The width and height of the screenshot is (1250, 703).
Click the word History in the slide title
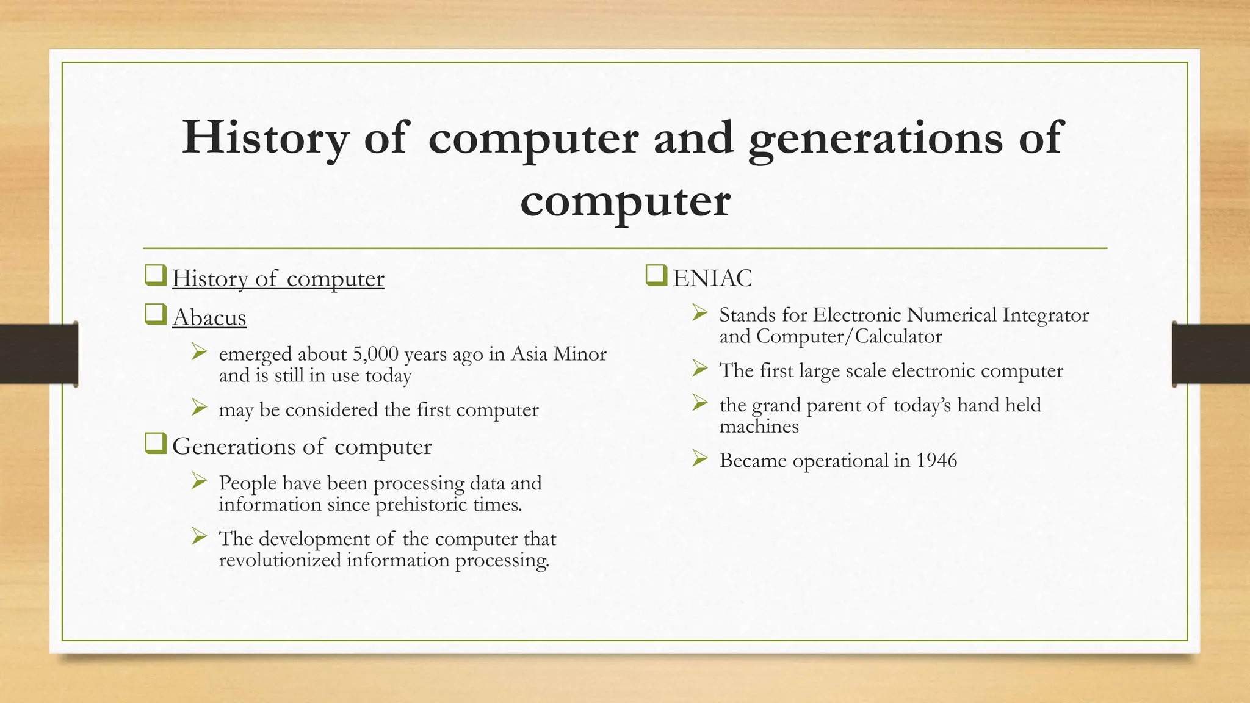point(265,138)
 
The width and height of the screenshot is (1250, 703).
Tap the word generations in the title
point(875,138)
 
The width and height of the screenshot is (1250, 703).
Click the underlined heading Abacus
point(209,317)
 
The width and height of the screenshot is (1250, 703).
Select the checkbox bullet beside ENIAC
point(656,276)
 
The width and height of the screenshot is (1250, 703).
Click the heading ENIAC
point(712,278)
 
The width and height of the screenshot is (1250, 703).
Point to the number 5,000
point(375,354)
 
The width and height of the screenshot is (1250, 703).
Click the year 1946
point(936,460)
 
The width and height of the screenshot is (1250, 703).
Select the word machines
point(759,426)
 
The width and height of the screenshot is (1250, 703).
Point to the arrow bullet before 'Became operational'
point(699,458)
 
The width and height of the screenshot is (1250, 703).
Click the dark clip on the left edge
point(38,354)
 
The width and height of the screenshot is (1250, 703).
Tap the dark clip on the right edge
point(1211,354)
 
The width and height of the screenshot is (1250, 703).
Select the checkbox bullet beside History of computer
point(156,276)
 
